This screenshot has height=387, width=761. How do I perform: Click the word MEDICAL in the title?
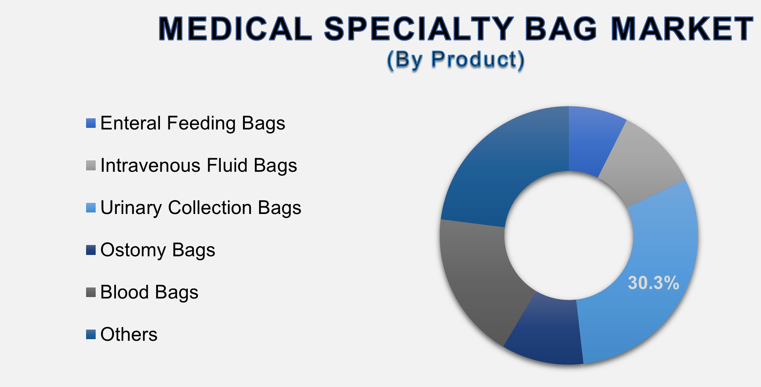pyautogui.click(x=235, y=29)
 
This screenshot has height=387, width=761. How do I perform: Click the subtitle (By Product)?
pyautogui.click(x=455, y=60)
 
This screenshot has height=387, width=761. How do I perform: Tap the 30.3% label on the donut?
pyautogui.click(x=653, y=283)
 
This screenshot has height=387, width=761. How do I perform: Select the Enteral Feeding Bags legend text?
pyautogui.click(x=192, y=123)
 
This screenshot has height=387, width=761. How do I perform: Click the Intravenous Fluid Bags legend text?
pyautogui.click(x=199, y=165)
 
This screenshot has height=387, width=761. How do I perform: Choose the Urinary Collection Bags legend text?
pyautogui.click(x=200, y=208)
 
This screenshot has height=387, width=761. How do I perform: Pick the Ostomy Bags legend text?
pyautogui.click(x=158, y=250)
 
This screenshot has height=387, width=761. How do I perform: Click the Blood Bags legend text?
pyautogui.click(x=149, y=292)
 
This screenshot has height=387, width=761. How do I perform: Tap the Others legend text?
pyautogui.click(x=129, y=335)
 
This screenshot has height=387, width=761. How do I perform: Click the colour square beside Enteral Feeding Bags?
pyautogui.click(x=91, y=123)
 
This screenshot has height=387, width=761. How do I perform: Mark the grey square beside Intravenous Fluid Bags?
pyautogui.click(x=91, y=165)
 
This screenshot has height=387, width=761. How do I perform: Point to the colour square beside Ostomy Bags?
pyautogui.click(x=91, y=250)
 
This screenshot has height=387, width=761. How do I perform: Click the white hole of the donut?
pyautogui.click(x=569, y=235)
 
